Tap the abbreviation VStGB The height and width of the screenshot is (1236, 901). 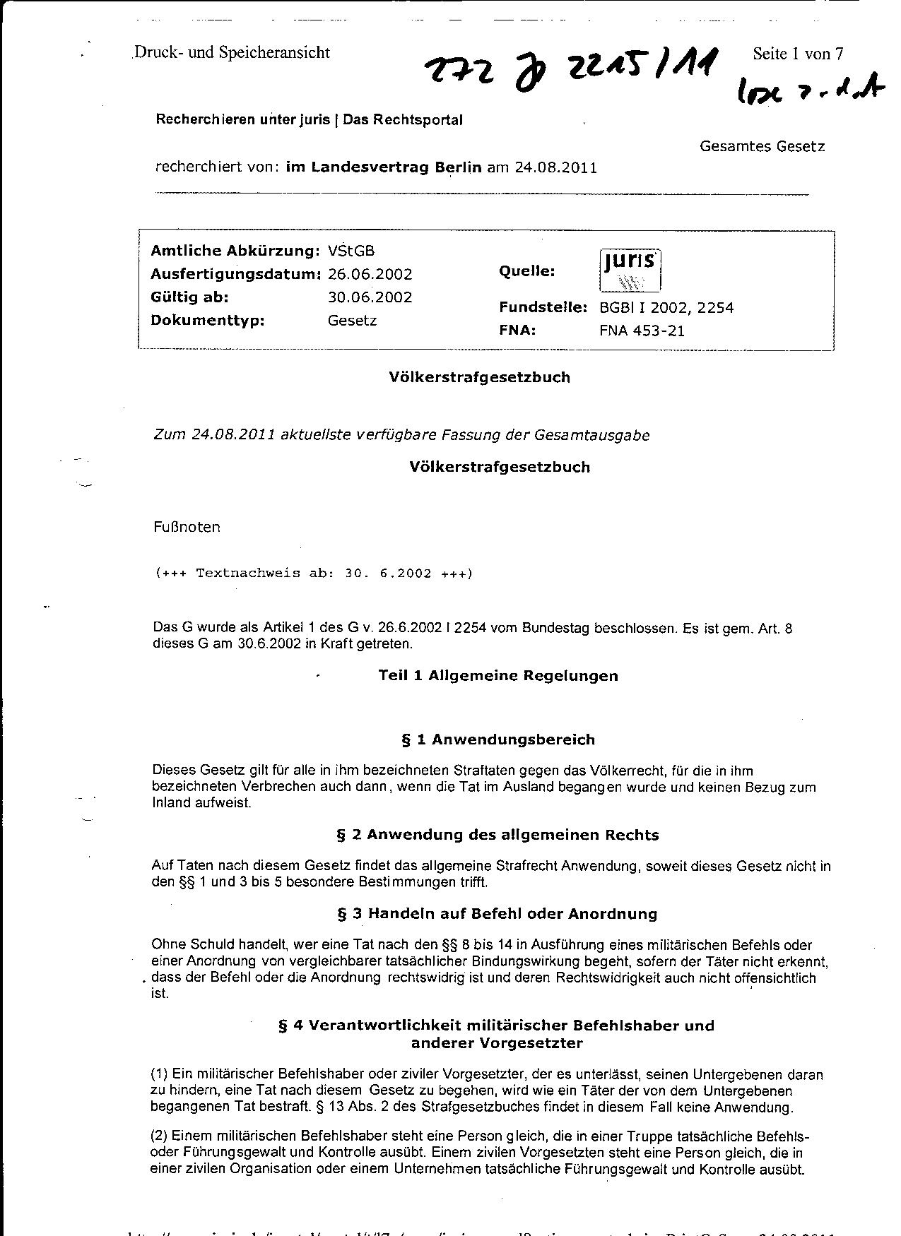pyautogui.click(x=351, y=251)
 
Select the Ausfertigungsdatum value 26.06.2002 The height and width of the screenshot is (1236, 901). pyautogui.click(x=370, y=274)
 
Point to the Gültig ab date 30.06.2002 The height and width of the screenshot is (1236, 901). pyautogui.click(x=370, y=297)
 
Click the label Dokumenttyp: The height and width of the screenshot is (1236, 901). pyautogui.click(x=207, y=321)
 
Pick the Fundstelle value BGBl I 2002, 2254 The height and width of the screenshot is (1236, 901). pyautogui.click(x=666, y=308)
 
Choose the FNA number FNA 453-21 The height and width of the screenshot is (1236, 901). pyautogui.click(x=642, y=331)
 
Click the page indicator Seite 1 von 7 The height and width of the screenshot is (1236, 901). pyautogui.click(x=798, y=54)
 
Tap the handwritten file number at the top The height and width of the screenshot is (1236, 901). pyautogui.click(x=571, y=71)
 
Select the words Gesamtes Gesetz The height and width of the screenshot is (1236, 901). pyautogui.click(x=762, y=146)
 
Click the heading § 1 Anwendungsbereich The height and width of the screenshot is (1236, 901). pyautogui.click(x=498, y=740)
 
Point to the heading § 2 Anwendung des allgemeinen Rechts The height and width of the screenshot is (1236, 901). pyautogui.click(x=497, y=835)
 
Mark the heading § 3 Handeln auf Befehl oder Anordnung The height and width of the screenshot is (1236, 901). pyautogui.click(x=497, y=914)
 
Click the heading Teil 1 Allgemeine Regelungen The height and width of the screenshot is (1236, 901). pyautogui.click(x=498, y=676)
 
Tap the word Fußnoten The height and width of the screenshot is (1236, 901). pyautogui.click(x=187, y=527)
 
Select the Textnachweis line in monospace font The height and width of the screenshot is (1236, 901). pyautogui.click(x=313, y=574)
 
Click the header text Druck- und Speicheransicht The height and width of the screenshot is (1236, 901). pyautogui.click(x=232, y=52)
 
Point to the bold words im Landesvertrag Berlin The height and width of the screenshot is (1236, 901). pyautogui.click(x=384, y=168)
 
